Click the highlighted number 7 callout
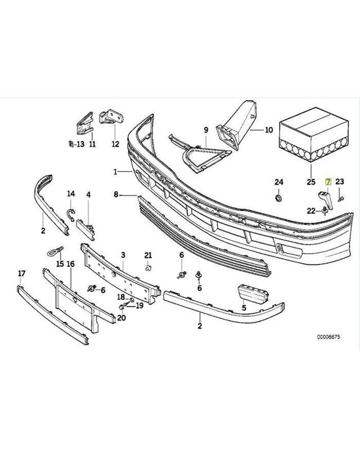[x=328, y=181]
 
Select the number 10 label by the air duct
[x=268, y=130]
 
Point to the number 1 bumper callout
[x=115, y=171]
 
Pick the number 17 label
[x=22, y=273]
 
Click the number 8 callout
[x=116, y=195]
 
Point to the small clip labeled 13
[x=69, y=143]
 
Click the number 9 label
[x=206, y=130]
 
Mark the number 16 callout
[x=71, y=264]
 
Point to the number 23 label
[x=339, y=181]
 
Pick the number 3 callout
[x=123, y=255]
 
